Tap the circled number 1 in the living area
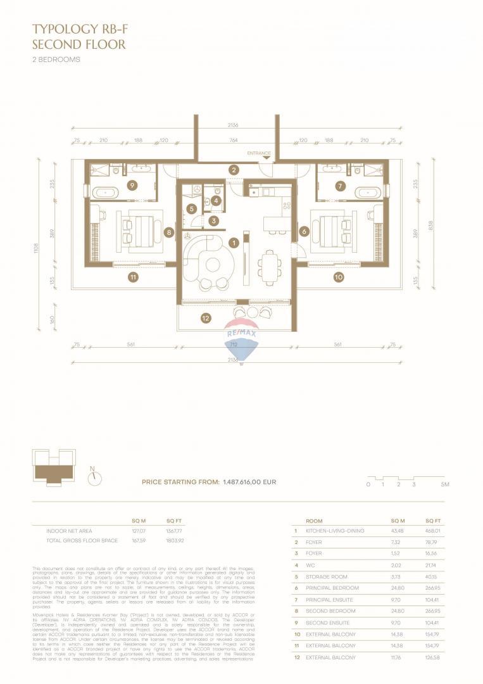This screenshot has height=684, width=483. click(234, 242)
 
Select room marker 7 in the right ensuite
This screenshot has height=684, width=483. click(340, 186)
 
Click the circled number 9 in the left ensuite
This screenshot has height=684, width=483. click(132, 186)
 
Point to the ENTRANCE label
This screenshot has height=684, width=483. click(259, 153)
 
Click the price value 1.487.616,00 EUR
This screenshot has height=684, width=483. click(249, 482)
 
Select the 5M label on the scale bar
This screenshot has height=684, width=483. click(445, 484)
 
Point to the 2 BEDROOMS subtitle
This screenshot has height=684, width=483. click(56, 60)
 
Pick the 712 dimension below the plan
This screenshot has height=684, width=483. click(234, 345)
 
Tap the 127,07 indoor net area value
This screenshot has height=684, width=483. click(138, 531)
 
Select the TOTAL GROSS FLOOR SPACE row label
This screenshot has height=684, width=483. click(82, 541)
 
